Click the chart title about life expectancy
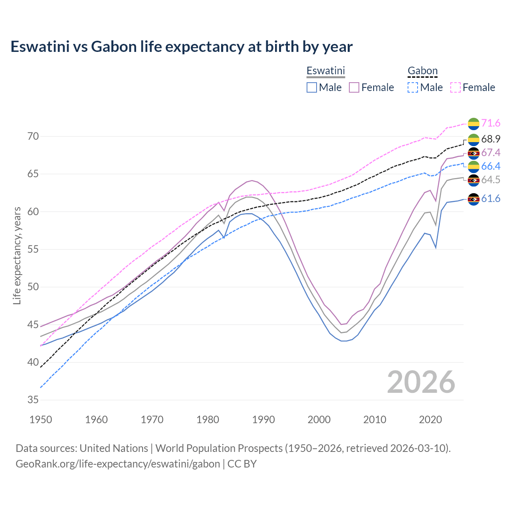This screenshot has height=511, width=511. pos(181,47)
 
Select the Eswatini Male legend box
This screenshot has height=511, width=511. pos(312,87)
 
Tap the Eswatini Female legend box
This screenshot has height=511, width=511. pos(354,87)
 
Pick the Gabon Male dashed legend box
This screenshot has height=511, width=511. pos(413,87)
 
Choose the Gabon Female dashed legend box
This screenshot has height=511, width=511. pos(456,87)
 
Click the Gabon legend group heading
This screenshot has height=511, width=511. pos(422,71)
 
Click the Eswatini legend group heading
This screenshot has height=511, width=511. pos(325,71)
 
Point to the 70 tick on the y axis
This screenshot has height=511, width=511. pos(33,137)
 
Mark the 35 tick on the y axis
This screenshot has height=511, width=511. pos(33,400)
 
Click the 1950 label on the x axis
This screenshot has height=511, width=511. pos(41,420)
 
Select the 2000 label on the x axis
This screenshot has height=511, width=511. pos(319,420)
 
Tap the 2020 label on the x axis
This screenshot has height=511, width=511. pos(430,420)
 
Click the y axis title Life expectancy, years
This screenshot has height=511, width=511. pos(17,255)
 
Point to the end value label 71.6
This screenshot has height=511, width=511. pos(491,123)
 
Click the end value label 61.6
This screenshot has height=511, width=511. pos(491,198)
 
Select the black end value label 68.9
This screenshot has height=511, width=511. pos(491,139)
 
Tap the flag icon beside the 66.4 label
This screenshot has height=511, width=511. pos(473,166)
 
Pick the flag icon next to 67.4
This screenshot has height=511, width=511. pos(473,153)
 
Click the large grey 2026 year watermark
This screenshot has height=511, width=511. pos(421,382)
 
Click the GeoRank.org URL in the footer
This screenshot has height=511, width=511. pos(118,464)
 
